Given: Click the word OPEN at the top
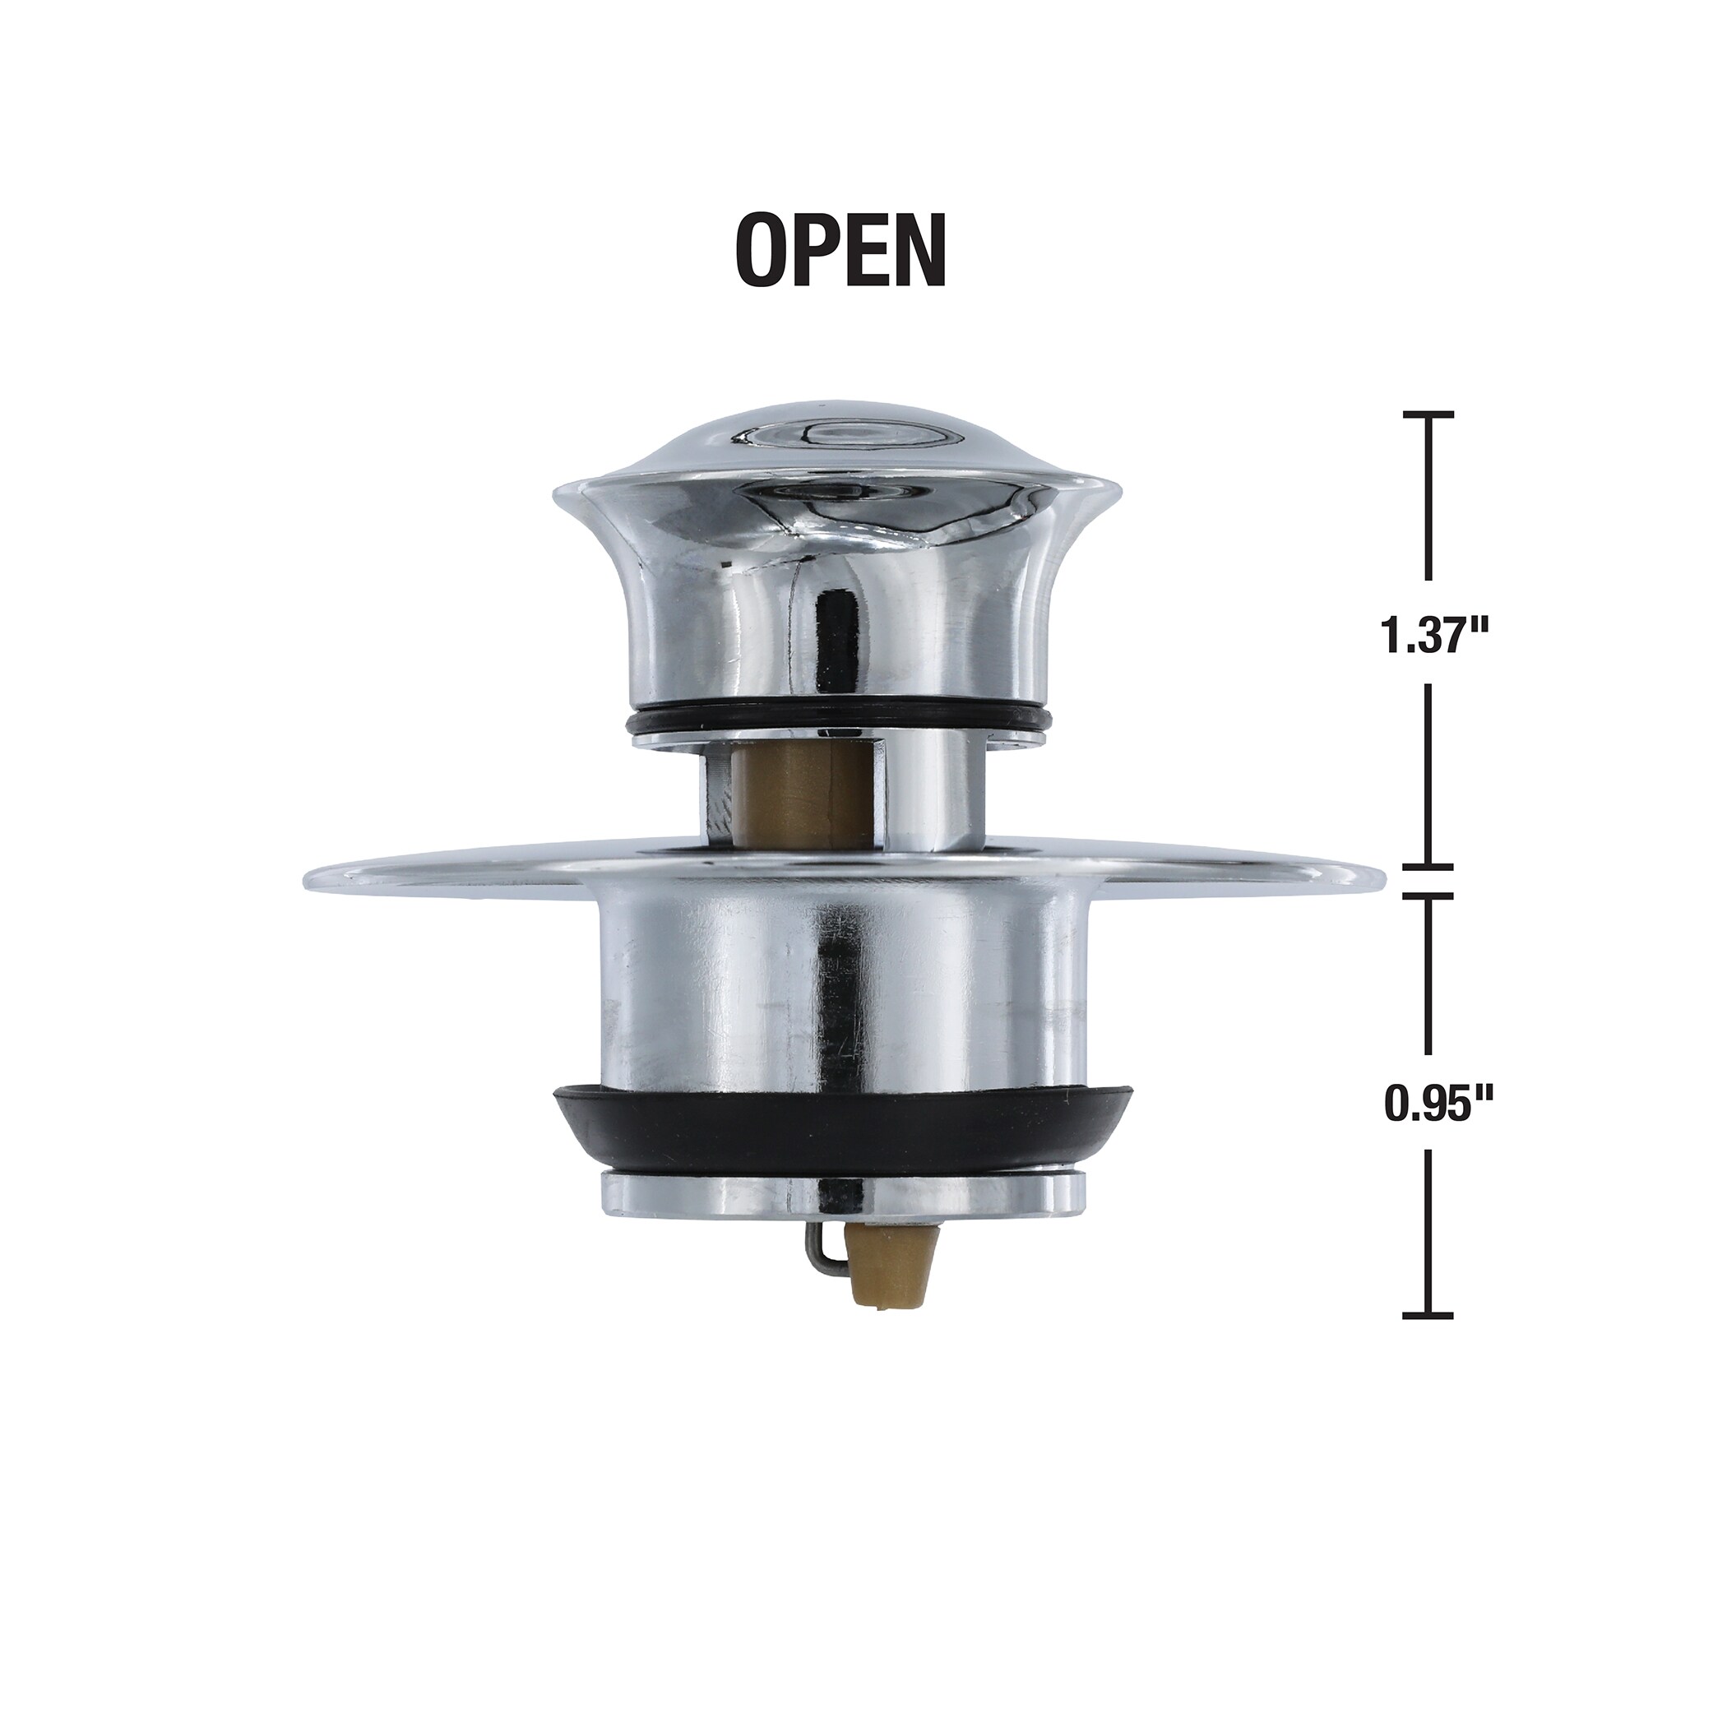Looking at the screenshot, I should (x=840, y=250).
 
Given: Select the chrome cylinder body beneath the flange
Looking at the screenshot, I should (x=840, y=984).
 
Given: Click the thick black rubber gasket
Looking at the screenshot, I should (x=840, y=1127).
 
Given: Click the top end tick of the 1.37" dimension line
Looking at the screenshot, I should (x=1428, y=414).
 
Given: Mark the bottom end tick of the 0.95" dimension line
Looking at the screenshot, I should (x=1428, y=1315).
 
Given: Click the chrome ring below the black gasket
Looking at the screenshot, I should (x=840, y=1191).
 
